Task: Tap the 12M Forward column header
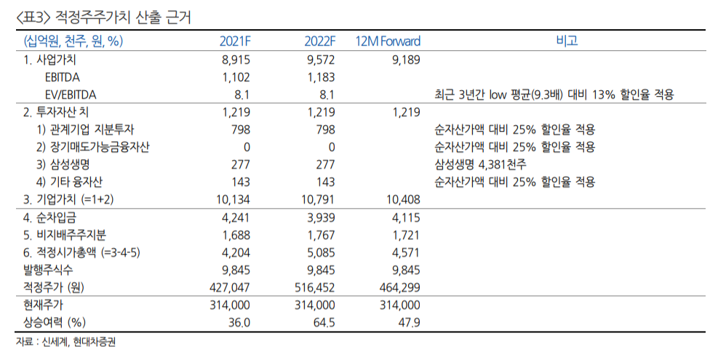point(388,41)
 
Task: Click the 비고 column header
point(566,41)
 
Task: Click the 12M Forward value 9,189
point(404,60)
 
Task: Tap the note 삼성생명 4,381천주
point(484,164)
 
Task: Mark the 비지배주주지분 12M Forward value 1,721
point(404,235)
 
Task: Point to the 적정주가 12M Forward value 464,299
point(399,287)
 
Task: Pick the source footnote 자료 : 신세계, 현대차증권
point(66,342)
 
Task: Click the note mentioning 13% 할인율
point(554,95)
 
